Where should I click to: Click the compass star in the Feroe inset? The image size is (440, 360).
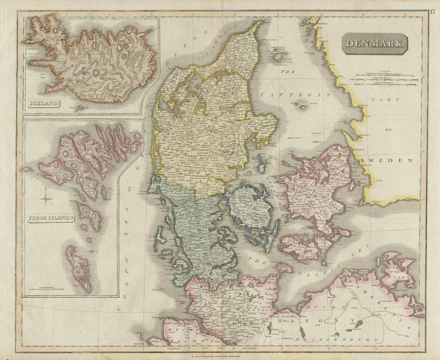point(47,195)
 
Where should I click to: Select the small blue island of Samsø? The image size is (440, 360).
point(261,164)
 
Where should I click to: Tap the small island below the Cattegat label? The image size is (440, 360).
point(303,107)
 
